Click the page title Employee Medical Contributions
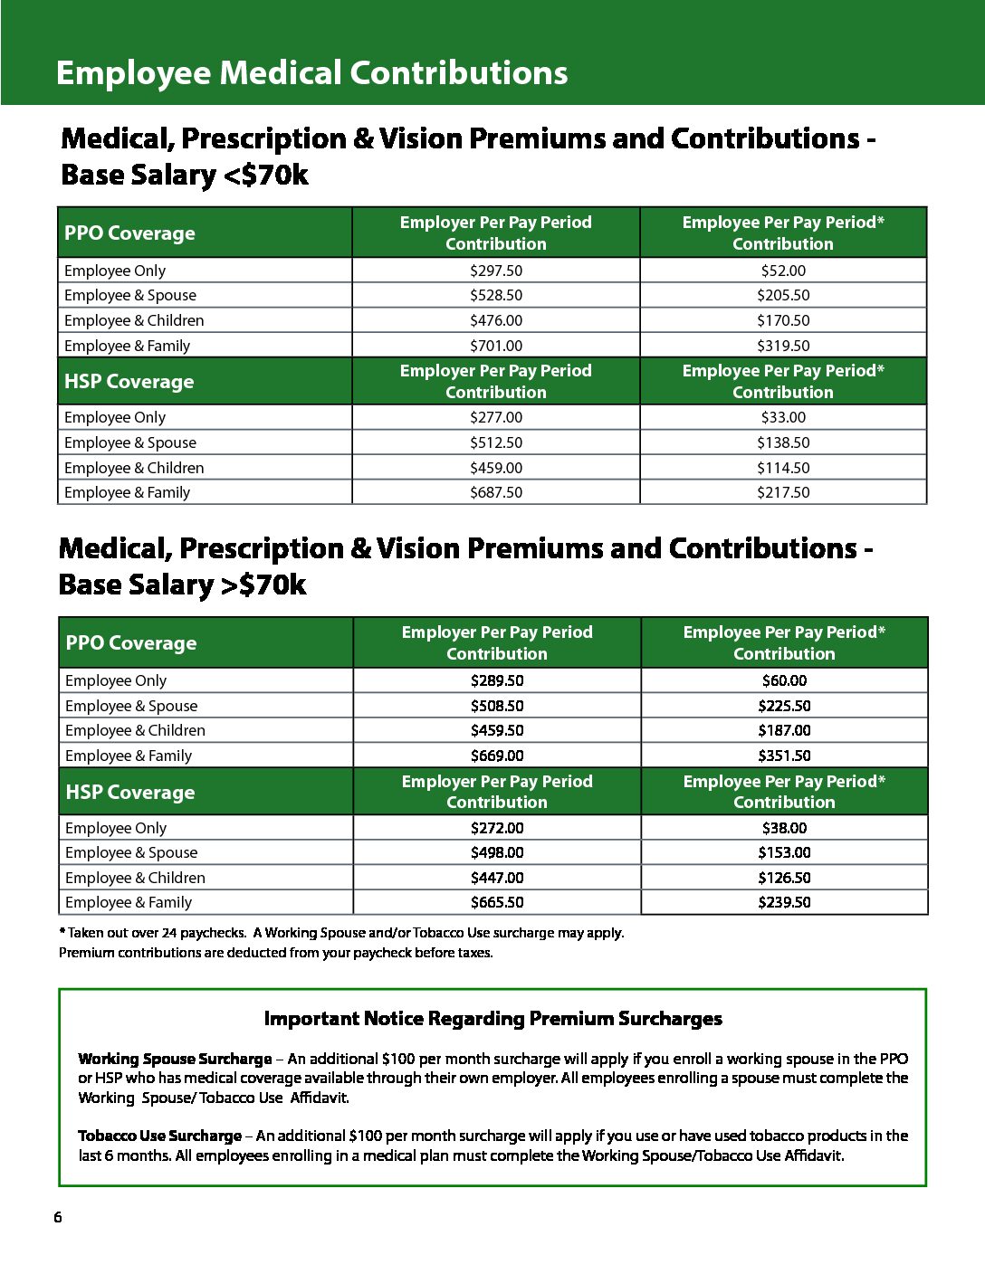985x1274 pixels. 311,72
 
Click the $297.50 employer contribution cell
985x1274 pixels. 496,271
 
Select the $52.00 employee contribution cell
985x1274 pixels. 783,271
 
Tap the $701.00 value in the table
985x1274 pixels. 496,346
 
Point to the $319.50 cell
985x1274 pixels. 783,346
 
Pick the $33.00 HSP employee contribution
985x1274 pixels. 783,417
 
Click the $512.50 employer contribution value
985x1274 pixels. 496,442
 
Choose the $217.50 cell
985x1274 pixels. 783,492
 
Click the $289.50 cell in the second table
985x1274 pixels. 497,680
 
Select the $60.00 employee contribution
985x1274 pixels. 784,680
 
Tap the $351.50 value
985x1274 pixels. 784,756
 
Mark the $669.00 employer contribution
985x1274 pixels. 497,756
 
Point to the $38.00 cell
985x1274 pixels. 784,828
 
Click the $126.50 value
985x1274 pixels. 784,878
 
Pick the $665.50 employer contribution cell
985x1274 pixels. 497,902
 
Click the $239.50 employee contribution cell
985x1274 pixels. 784,902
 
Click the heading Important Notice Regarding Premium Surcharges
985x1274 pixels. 492,1019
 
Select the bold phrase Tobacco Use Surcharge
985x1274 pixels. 159,1136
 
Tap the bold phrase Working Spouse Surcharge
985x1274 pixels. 175,1059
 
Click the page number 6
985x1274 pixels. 58,1217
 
